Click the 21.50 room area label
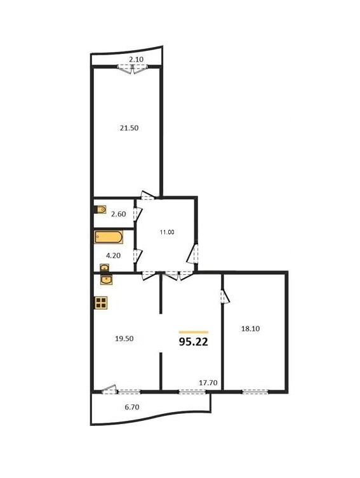click(x=129, y=128)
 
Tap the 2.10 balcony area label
click(x=136, y=60)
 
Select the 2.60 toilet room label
click(x=118, y=214)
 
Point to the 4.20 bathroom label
click(x=113, y=255)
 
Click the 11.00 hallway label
click(x=167, y=232)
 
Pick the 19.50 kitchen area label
click(x=124, y=338)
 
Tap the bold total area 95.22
click(x=194, y=342)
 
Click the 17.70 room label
click(x=208, y=383)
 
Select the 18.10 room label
click(x=251, y=329)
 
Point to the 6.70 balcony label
click(x=132, y=407)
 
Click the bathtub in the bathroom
click(x=109, y=237)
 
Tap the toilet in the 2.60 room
click(x=100, y=209)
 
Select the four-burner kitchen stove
click(x=100, y=303)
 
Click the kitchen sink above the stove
click(x=107, y=279)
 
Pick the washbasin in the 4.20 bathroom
click(x=105, y=268)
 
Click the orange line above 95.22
click(x=194, y=332)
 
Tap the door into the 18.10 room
click(x=225, y=296)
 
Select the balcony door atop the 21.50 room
click(x=133, y=69)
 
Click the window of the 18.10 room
click(x=255, y=392)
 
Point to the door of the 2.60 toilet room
click(x=138, y=213)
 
